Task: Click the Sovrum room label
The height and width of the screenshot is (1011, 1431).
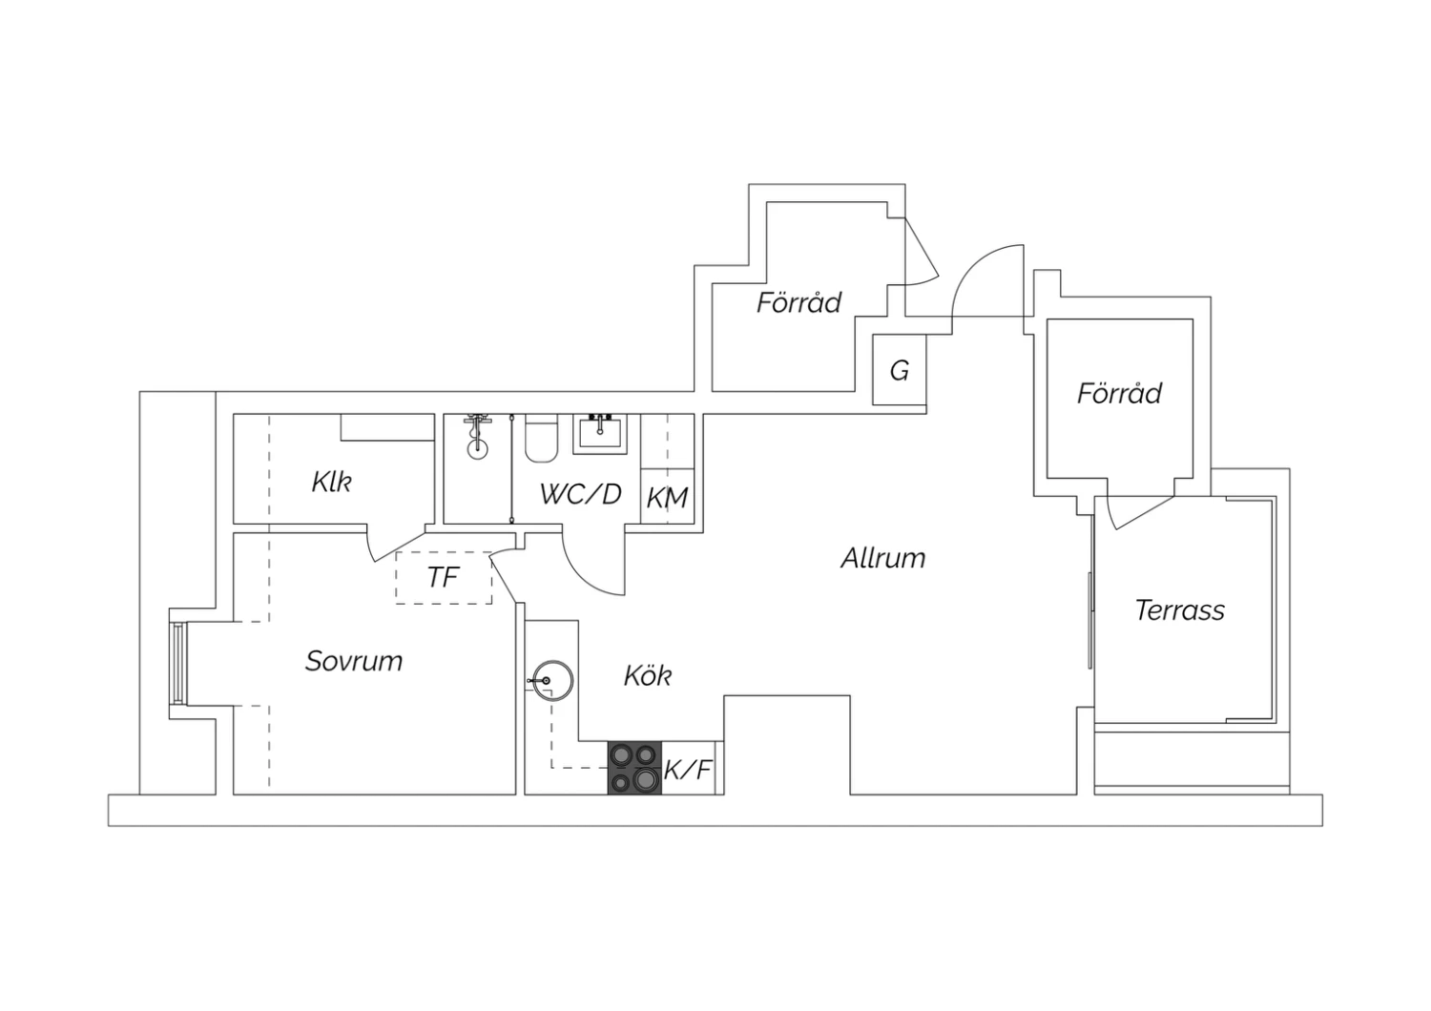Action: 354,661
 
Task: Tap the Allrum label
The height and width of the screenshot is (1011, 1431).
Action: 882,558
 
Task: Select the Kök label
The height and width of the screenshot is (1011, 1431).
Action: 647,675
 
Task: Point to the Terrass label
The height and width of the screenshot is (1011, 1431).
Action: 1179,609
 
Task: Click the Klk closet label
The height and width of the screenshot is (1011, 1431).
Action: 331,482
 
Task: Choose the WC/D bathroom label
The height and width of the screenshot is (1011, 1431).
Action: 580,494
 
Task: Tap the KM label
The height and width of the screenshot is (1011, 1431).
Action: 667,498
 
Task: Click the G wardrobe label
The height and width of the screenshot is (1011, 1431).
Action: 900,370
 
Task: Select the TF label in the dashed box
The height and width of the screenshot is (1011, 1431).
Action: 443,577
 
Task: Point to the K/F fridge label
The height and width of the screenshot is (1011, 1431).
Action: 688,770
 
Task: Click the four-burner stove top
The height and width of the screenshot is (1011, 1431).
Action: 634,768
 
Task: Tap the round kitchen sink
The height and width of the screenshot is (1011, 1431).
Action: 552,681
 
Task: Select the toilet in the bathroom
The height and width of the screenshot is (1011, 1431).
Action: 541,438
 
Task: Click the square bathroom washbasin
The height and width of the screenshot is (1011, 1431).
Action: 600,434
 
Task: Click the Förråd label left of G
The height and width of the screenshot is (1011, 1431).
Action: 798,301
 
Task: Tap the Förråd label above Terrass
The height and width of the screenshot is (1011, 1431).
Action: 1119,392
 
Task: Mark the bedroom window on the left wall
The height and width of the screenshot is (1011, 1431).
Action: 178,664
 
